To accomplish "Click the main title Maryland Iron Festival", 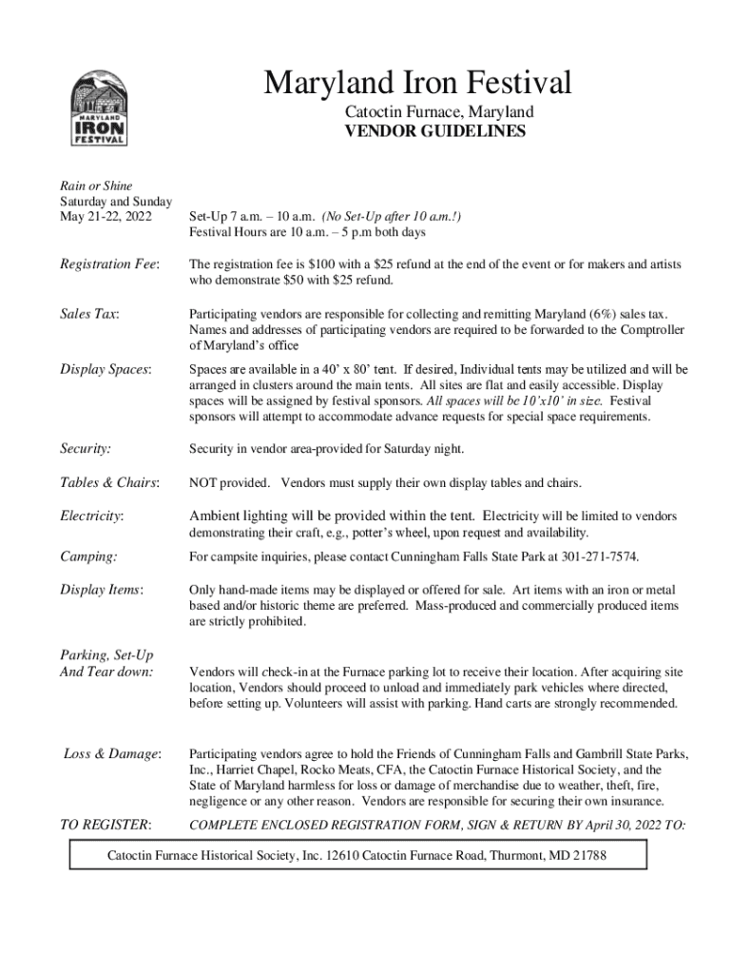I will point(417,83).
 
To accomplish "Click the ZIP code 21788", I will point(588,855).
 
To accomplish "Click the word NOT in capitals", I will point(205,482).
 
